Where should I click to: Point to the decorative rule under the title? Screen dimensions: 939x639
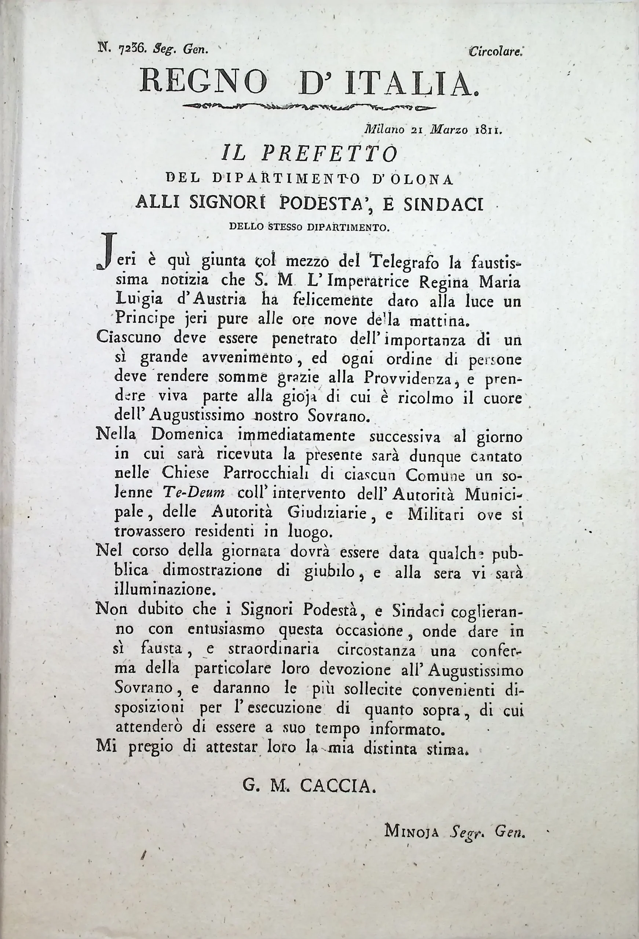[309, 107]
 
